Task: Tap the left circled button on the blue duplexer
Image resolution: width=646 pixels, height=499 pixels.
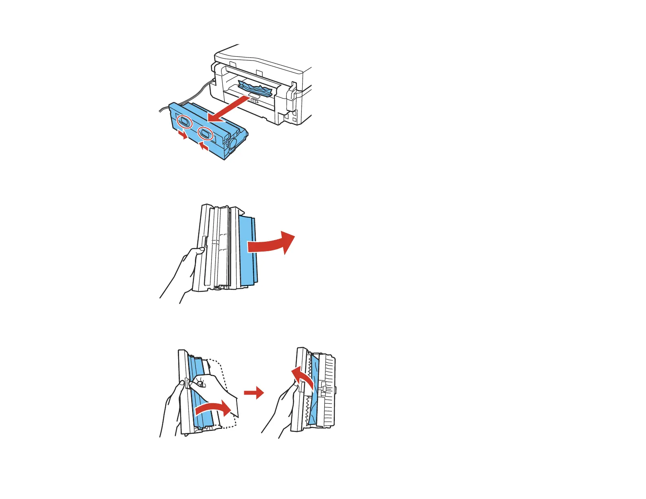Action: click(184, 121)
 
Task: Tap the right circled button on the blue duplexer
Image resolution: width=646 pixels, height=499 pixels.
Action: click(205, 133)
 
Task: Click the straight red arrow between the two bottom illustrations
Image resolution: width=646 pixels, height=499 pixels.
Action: click(254, 393)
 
